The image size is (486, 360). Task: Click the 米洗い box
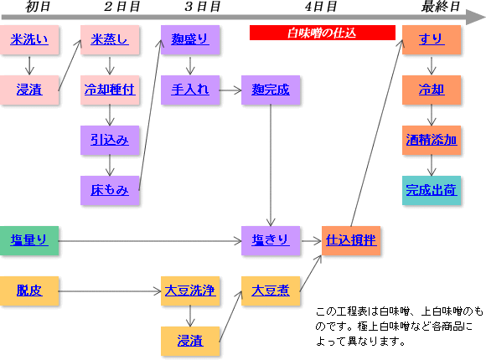(29, 40)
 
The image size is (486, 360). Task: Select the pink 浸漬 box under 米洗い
(29, 90)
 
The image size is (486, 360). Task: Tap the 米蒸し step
(110, 40)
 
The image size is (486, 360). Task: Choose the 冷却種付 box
(110, 90)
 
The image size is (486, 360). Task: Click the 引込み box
(110, 141)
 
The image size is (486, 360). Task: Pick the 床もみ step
(110, 191)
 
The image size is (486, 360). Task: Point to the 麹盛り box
(190, 40)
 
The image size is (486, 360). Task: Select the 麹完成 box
(271, 90)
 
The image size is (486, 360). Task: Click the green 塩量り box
(29, 241)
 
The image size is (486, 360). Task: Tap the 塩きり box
(271, 241)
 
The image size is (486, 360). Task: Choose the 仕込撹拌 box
(351, 241)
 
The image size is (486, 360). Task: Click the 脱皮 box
(29, 291)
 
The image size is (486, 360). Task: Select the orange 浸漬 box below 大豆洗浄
(190, 341)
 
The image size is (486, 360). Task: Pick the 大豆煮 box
(271, 291)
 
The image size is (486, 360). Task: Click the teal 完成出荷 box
(432, 191)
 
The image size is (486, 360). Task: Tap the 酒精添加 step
(432, 141)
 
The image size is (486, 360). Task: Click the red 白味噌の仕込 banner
(323, 33)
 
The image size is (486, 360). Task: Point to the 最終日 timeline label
(441, 7)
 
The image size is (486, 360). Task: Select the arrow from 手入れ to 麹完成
(230, 90)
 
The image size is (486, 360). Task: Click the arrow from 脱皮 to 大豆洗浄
(110, 291)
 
